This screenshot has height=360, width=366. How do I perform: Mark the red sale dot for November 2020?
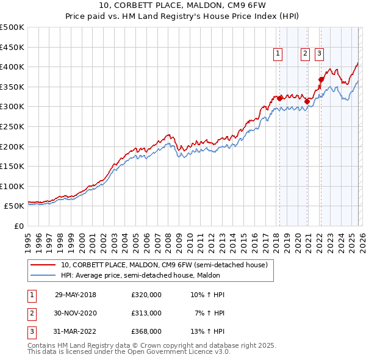point(307,101)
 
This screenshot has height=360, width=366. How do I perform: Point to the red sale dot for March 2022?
point(321,79)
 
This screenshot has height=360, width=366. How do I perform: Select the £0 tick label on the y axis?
point(19,226)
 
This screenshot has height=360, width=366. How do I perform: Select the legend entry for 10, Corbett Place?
point(163,265)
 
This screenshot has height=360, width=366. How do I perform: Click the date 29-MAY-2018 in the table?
point(76,295)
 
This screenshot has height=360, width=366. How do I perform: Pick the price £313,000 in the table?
point(146,313)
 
